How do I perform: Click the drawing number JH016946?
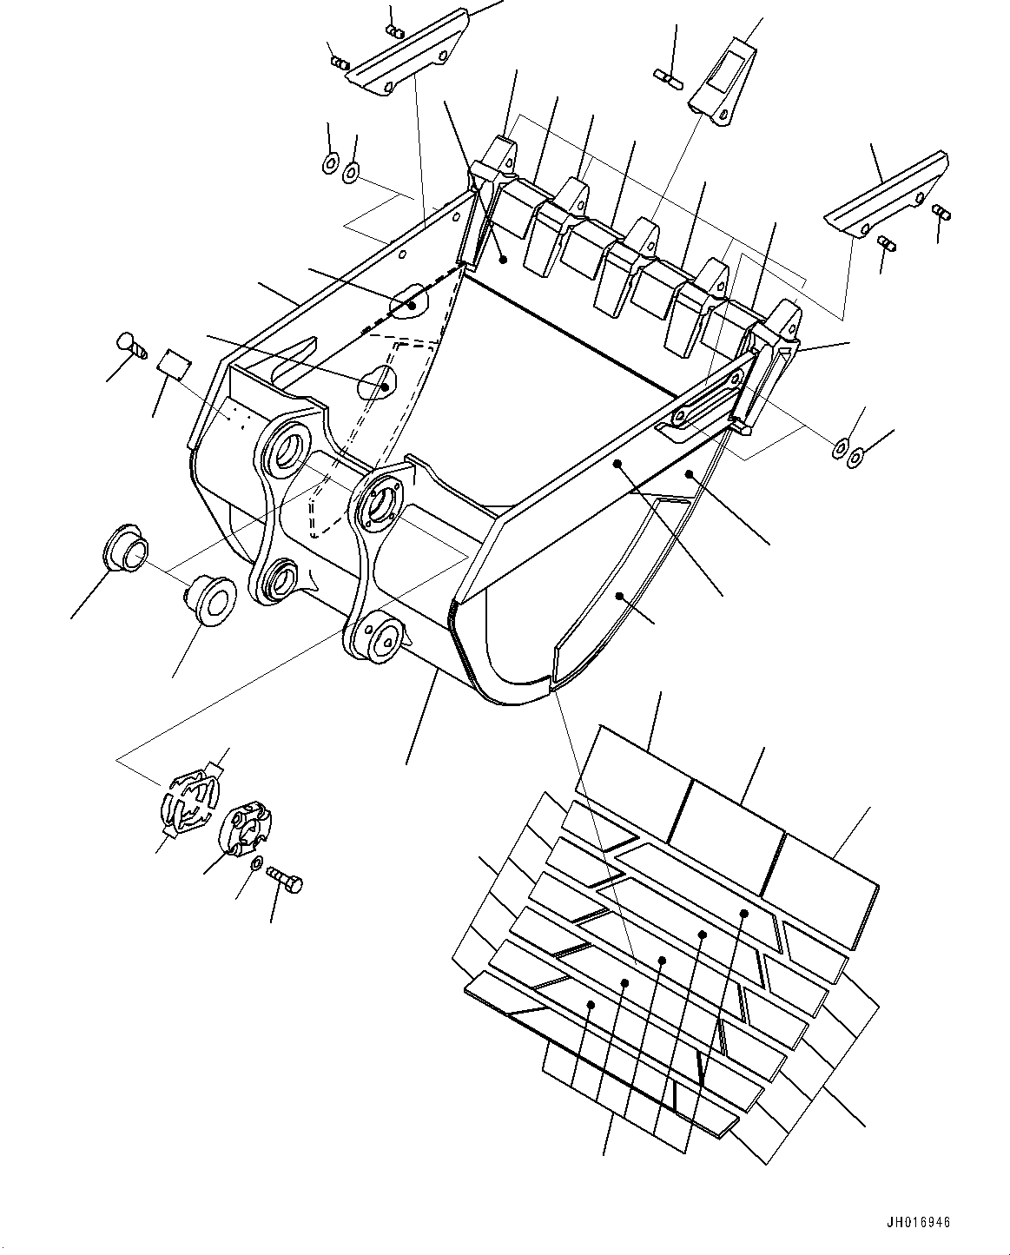coord(918,1223)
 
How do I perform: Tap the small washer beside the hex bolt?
coord(256,864)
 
